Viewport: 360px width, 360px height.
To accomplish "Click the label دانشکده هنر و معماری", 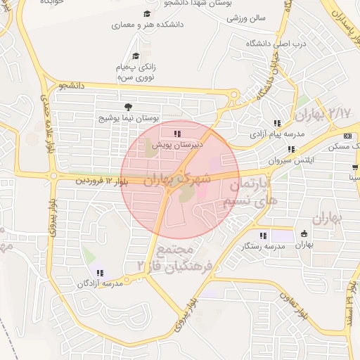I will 147,25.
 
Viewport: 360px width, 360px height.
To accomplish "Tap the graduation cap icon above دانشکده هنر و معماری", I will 147,13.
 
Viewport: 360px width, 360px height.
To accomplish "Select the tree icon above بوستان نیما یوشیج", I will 127,107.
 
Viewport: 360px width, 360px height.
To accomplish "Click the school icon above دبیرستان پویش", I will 177,132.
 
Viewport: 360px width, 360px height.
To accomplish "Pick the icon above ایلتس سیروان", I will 290,149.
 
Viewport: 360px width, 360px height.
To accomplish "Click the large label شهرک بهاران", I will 177,179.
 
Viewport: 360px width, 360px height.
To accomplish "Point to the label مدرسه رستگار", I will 263,246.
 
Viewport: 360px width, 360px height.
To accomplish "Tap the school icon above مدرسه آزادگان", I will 98,272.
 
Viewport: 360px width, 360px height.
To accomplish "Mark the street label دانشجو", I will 72,85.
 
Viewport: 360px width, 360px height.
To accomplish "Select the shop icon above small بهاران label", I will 304,233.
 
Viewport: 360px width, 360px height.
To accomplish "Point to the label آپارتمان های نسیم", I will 250,191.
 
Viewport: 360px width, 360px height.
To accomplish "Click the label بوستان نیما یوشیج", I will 128,117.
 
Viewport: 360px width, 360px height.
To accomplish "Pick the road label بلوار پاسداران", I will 335,23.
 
